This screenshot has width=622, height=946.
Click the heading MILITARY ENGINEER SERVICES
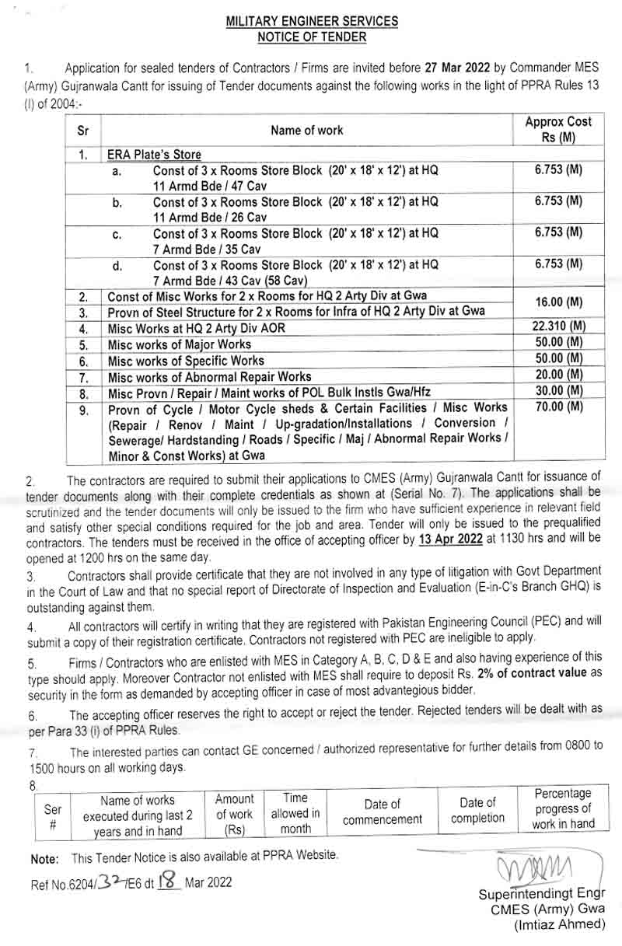pos(312,23)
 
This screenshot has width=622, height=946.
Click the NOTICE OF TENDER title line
pos(312,37)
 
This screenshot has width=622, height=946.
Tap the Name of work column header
pos(306,130)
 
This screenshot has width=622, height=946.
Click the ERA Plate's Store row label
pos(154,155)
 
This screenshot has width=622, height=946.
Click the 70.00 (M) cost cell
pos(559,407)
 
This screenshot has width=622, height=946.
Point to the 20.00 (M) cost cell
pos(559,375)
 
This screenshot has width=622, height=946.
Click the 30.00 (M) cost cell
pos(559,391)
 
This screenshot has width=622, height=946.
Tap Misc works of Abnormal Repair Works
pos(208,376)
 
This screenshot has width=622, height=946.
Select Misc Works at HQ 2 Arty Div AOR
pos(196,328)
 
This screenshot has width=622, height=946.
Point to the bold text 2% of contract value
pos(528,672)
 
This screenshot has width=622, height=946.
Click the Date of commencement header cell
pos(383,812)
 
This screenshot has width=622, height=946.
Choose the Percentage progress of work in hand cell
pos(563,808)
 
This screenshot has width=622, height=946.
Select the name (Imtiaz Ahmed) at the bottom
pos(560,924)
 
